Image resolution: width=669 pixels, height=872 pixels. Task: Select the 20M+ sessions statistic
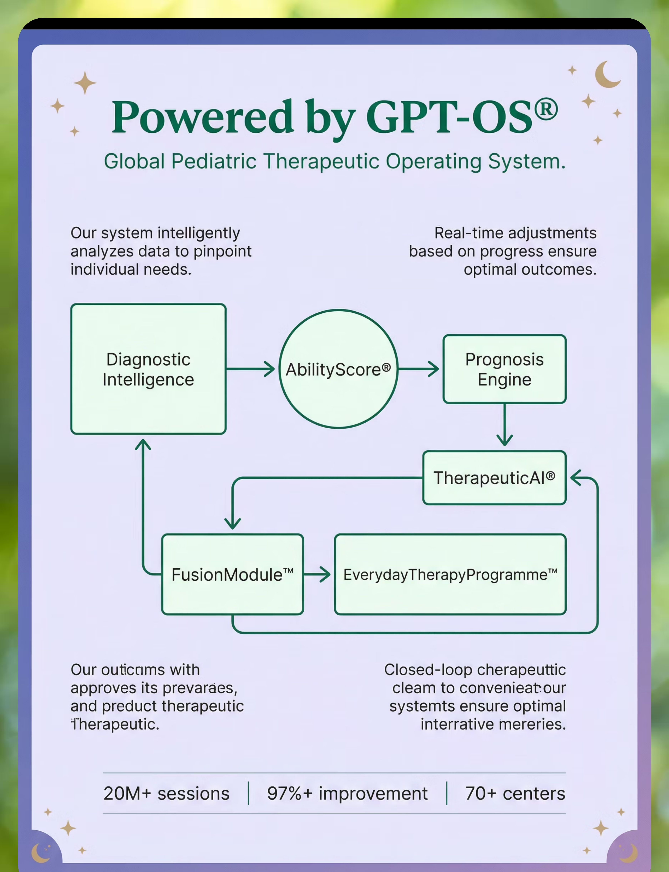166,793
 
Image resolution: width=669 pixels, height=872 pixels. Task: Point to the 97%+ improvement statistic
347,793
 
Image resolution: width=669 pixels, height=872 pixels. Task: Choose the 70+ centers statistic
515,793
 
